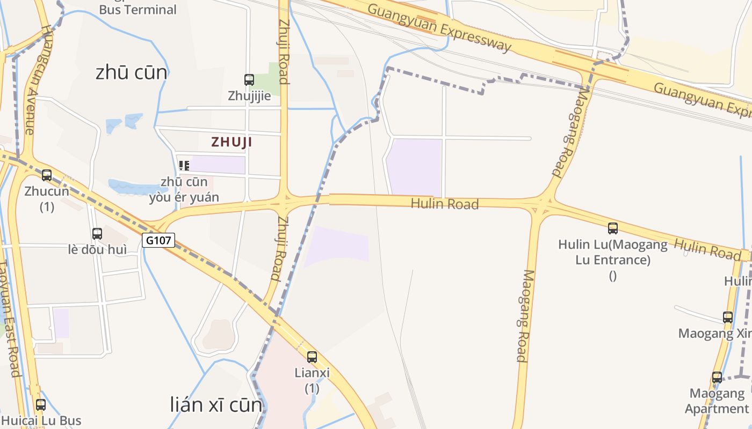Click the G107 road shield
click(159, 240)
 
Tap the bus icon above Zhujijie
click(249, 80)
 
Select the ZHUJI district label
click(232, 142)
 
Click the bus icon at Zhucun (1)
click(47, 175)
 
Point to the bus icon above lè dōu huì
click(97, 234)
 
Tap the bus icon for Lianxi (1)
click(312, 357)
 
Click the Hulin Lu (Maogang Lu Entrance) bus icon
click(613, 228)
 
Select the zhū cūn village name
click(131, 72)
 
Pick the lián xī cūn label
click(216, 405)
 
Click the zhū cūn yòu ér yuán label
click(184, 189)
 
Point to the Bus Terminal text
click(138, 10)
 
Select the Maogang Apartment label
click(717, 401)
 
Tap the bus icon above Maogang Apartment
click(717, 378)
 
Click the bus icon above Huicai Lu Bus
click(41, 405)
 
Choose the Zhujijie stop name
click(249, 97)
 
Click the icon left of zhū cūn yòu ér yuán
click(184, 166)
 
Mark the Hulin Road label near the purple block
click(444, 204)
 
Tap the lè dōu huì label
click(98, 249)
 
